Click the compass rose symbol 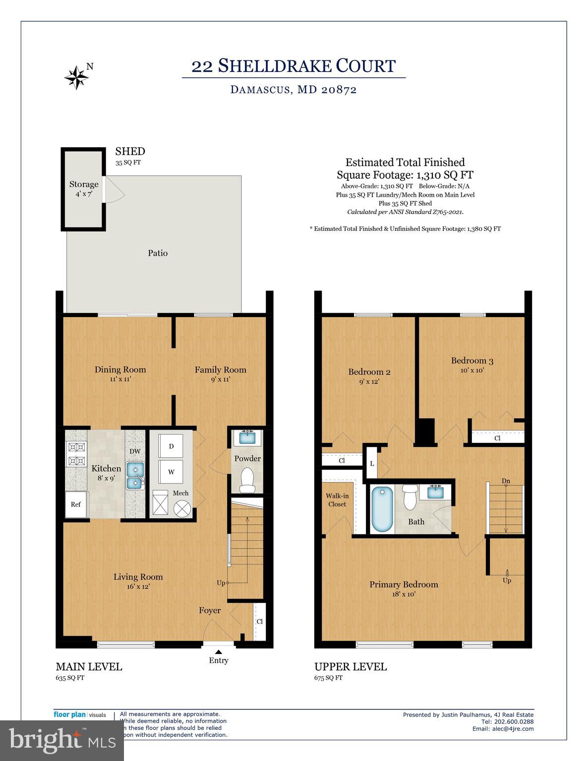[x=76, y=77]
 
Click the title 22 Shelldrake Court [x=294, y=66]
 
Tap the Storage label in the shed [x=84, y=184]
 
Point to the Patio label [x=158, y=253]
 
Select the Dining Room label [x=120, y=370]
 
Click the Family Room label [x=220, y=370]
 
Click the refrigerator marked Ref [x=76, y=504]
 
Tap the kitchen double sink [x=135, y=476]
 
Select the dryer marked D [x=171, y=446]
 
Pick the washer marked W [x=171, y=472]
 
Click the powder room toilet [x=246, y=480]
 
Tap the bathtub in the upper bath [x=382, y=509]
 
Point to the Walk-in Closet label [x=337, y=500]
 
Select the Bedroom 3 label [x=472, y=361]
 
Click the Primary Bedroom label [x=404, y=585]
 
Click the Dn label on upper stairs [x=506, y=481]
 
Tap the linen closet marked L [x=371, y=464]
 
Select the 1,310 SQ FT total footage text [x=445, y=175]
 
